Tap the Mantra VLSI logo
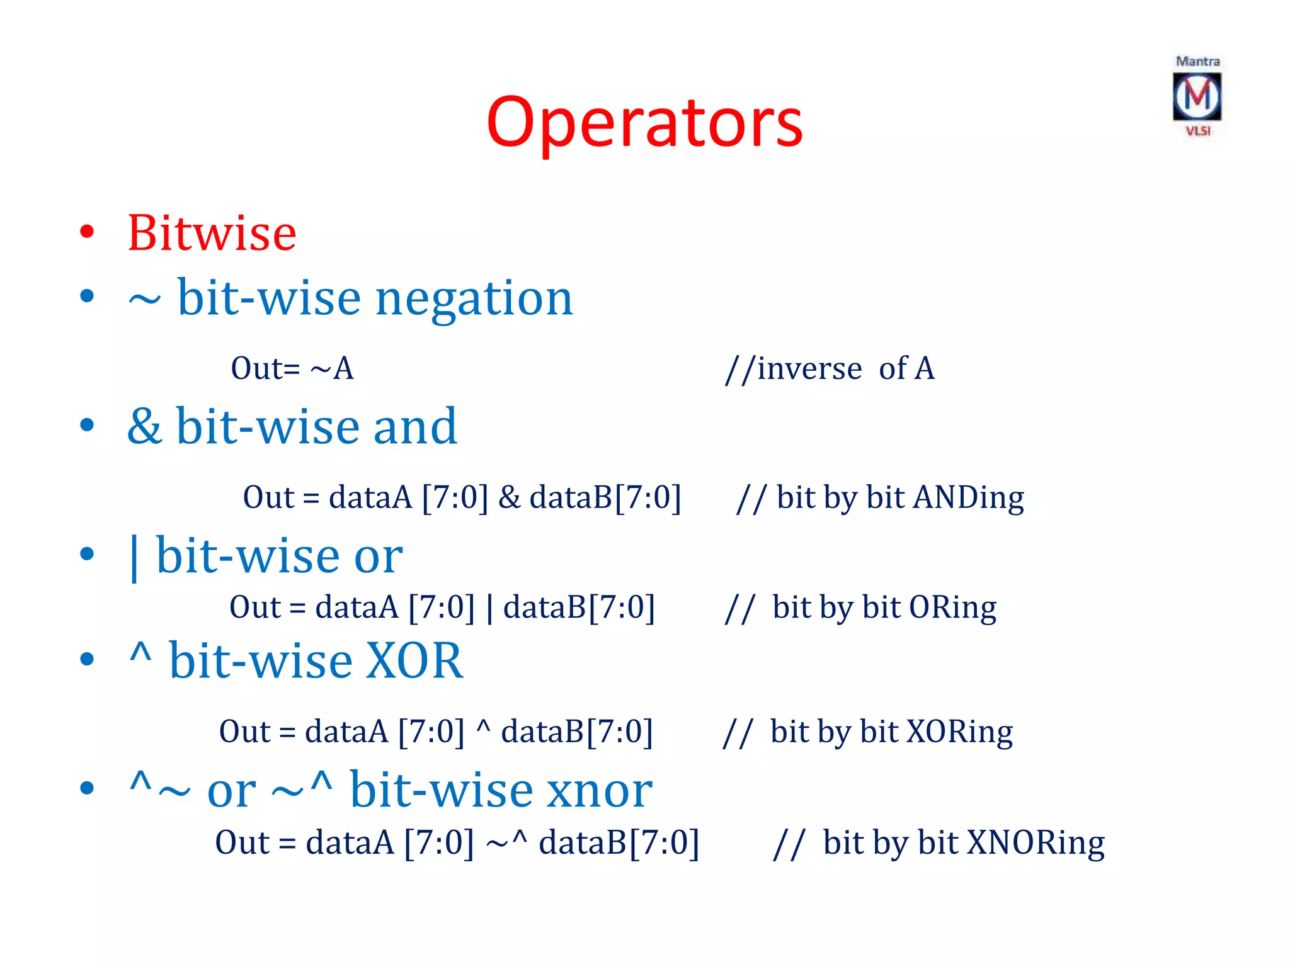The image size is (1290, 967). coord(1197,96)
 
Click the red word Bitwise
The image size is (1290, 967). coord(212,234)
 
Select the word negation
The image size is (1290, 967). coord(474,298)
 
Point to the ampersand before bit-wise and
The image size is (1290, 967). coord(144,427)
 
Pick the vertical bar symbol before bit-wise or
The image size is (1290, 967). coord(134,558)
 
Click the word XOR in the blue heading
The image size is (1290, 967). coord(414,661)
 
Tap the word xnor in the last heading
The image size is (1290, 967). coord(599,791)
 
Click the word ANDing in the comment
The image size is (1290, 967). coord(969,498)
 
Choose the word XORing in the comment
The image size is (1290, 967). coord(959,732)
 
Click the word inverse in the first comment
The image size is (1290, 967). coord(809,369)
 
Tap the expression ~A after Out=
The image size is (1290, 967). coord(332,369)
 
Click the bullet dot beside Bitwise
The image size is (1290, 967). coord(88,232)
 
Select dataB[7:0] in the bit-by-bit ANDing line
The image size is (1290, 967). coord(605,498)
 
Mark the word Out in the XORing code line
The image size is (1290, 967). coord(245,732)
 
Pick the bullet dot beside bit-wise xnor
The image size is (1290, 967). coord(88,788)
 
